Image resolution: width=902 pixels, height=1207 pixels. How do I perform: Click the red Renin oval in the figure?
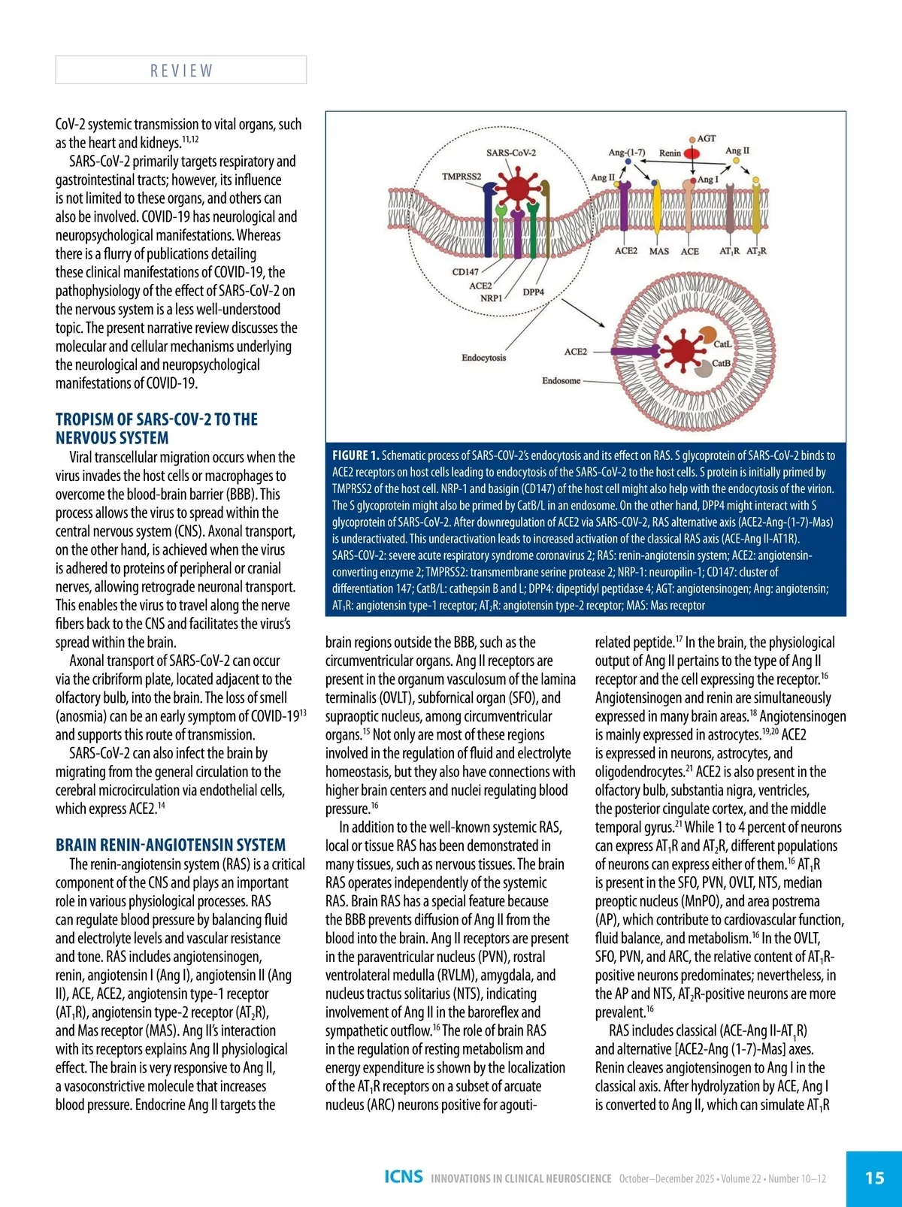(x=692, y=154)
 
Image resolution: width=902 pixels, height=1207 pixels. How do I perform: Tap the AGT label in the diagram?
(x=707, y=139)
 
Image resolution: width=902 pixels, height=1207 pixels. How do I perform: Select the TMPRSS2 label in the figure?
(x=462, y=177)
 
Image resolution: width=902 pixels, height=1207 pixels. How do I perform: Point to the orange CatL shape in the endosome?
(x=708, y=336)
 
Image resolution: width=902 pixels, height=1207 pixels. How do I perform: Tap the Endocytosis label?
(x=483, y=358)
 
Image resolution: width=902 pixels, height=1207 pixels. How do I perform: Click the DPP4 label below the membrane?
(x=533, y=292)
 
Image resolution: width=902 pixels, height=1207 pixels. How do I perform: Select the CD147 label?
(x=465, y=272)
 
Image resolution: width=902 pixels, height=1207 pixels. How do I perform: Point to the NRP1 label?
(x=492, y=298)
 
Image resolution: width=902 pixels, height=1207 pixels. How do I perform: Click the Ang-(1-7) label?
(x=626, y=153)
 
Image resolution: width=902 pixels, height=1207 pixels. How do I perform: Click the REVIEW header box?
(x=181, y=70)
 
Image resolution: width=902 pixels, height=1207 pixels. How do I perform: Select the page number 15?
(x=874, y=1178)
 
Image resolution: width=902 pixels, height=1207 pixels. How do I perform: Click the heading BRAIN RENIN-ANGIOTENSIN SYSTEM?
(x=171, y=845)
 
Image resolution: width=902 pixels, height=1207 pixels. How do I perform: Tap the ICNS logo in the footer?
(x=404, y=1177)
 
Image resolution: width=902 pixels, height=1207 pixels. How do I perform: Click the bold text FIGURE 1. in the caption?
(x=356, y=455)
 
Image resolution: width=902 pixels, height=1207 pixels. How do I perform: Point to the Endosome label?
(x=561, y=381)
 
